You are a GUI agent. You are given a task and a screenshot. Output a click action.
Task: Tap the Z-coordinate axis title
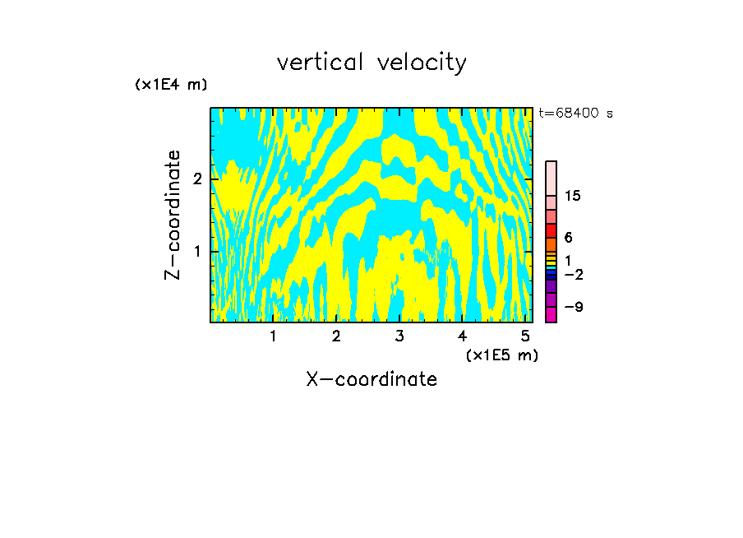[x=173, y=215]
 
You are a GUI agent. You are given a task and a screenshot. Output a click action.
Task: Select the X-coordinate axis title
[x=371, y=379]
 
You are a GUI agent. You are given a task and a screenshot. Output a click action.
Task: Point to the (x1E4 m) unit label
[x=171, y=85]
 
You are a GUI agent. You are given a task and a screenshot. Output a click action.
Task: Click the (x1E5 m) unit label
[x=501, y=355]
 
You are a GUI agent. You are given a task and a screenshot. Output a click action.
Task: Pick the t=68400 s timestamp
[x=575, y=114]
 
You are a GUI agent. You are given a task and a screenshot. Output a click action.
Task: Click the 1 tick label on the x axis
[x=273, y=336]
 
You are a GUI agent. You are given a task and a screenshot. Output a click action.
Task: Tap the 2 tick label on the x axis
[x=336, y=336]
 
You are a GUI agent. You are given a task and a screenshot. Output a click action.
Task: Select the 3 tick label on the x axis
[x=399, y=336]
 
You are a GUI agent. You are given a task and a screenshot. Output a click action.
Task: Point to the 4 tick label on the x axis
[x=462, y=336]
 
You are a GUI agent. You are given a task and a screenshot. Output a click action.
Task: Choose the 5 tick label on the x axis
[x=525, y=336]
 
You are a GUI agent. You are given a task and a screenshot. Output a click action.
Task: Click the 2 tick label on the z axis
[x=197, y=179]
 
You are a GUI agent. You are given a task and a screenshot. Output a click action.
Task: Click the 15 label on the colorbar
[x=573, y=196]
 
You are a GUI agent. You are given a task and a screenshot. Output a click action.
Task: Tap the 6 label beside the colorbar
[x=568, y=237]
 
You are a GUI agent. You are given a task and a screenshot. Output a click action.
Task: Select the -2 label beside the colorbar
[x=573, y=274]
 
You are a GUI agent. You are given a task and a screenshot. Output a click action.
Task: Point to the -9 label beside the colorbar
[x=573, y=307]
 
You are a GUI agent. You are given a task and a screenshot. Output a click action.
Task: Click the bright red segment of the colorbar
[x=551, y=230]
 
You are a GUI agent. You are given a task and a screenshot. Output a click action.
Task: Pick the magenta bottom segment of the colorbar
[x=551, y=314]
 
